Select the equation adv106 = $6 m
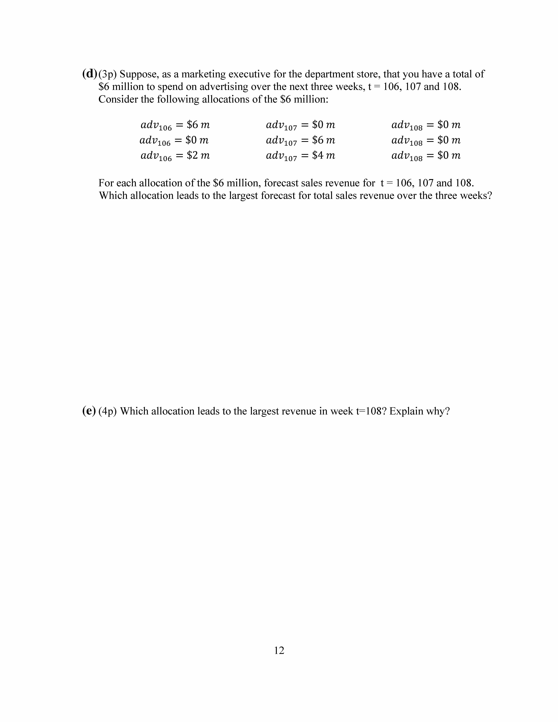tap(175, 125)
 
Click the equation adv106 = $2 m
tap(175, 156)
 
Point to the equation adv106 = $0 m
tap(174, 140)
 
